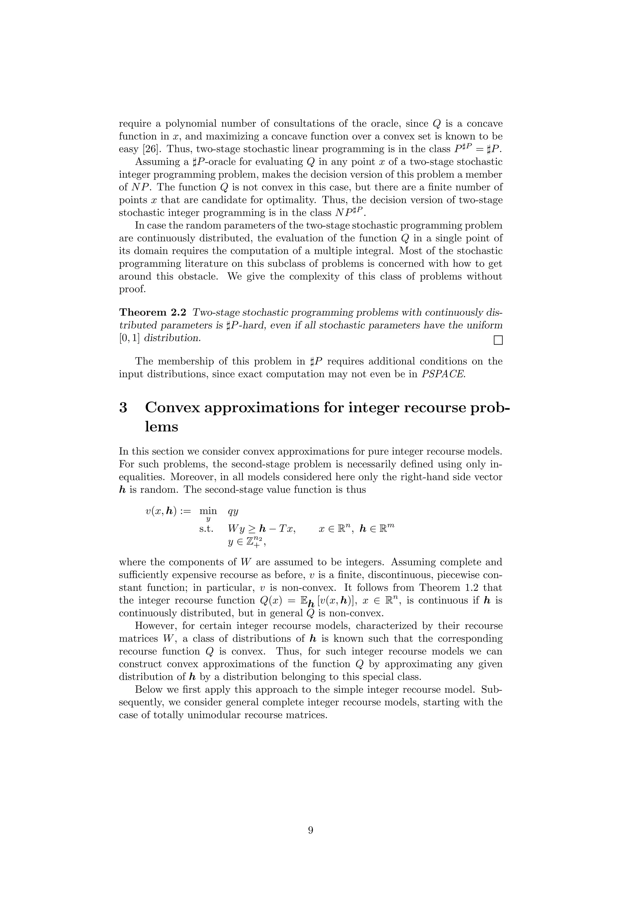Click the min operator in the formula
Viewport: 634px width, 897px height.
(208, 511)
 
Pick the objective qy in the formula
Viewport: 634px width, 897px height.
(233, 511)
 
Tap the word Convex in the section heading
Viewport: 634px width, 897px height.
(172, 407)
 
